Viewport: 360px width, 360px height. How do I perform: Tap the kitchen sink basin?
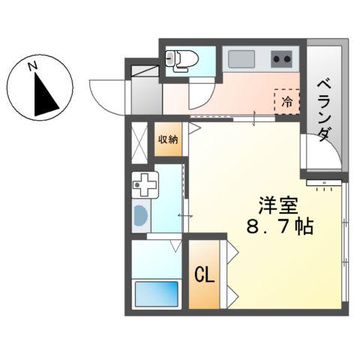pos(241,58)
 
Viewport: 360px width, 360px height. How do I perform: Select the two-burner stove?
pos(282,58)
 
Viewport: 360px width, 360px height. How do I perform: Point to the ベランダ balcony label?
pos(323,108)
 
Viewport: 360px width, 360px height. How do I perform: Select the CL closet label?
pos(205,274)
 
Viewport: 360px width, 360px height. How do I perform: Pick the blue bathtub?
pos(156,294)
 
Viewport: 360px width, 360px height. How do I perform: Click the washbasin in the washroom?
pos(140,215)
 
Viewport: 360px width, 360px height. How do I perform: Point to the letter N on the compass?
pos(33,66)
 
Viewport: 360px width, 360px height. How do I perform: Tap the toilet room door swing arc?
pos(200,94)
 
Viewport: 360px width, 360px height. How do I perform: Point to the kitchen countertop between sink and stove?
pos(262,58)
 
